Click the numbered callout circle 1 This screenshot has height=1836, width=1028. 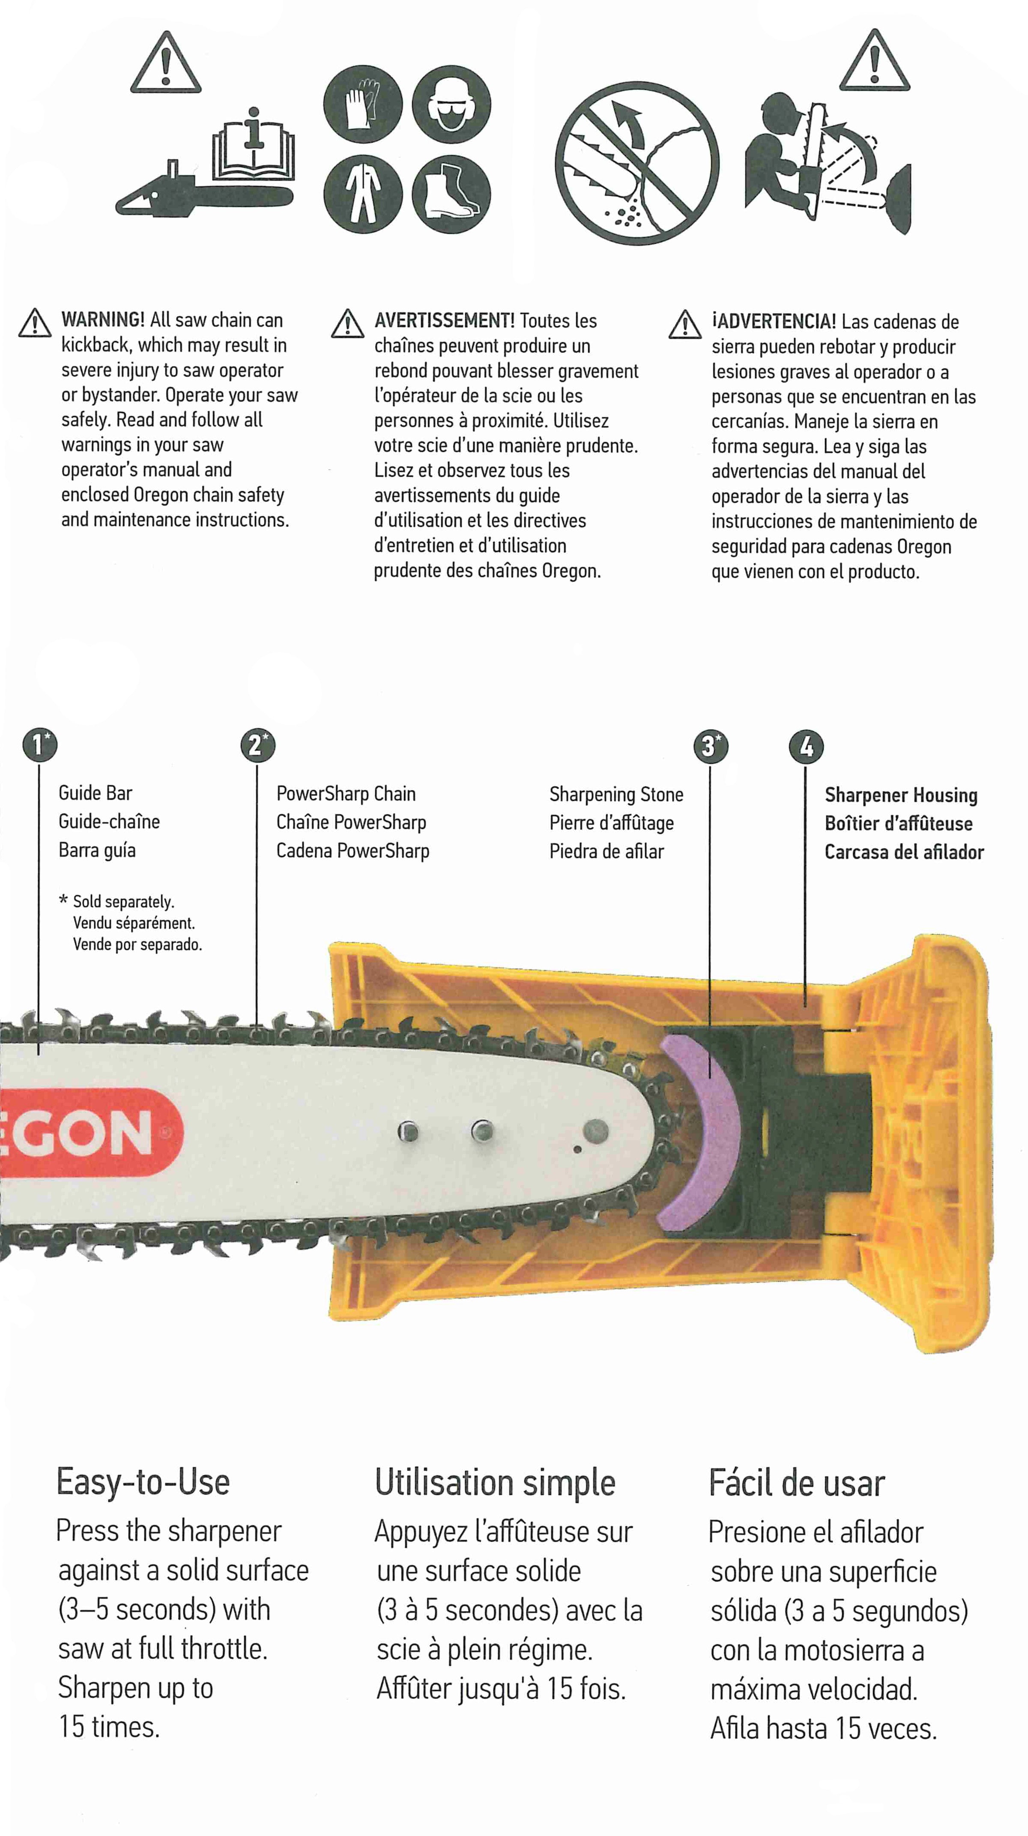[x=39, y=745]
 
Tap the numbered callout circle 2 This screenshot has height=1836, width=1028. [x=257, y=745]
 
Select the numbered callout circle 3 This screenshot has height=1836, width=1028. [x=710, y=746]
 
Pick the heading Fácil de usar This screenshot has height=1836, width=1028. [x=796, y=1483]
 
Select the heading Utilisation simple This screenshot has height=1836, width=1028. [x=495, y=1483]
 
